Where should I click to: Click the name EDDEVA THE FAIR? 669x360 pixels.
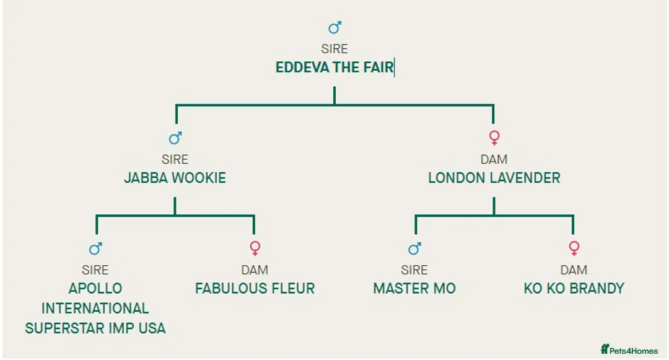coord(334,68)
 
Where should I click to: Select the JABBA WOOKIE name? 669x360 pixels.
coord(175,178)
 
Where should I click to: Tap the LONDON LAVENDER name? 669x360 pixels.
coord(494,178)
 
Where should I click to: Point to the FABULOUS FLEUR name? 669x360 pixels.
coord(255,289)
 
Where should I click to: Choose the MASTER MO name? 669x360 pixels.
coord(414,289)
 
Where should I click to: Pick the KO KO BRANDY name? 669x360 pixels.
coord(574,289)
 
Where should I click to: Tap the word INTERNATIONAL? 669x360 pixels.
coord(95,309)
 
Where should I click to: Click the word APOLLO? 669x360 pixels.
coord(95,289)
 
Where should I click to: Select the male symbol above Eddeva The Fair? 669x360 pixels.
coord(334,28)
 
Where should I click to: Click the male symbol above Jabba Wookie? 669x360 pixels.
coord(175,138)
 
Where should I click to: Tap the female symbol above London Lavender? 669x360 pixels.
coord(494,138)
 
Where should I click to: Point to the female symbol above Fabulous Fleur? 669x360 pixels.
coord(255,248)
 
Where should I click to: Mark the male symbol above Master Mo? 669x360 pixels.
coord(414,248)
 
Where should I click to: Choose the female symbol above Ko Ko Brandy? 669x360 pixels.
coord(574,248)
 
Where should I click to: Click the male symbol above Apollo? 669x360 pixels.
coord(95,248)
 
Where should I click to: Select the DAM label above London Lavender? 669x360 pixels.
coord(494,160)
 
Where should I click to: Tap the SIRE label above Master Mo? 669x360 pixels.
coord(414,270)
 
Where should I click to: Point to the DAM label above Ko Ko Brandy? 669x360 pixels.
coord(574,270)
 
